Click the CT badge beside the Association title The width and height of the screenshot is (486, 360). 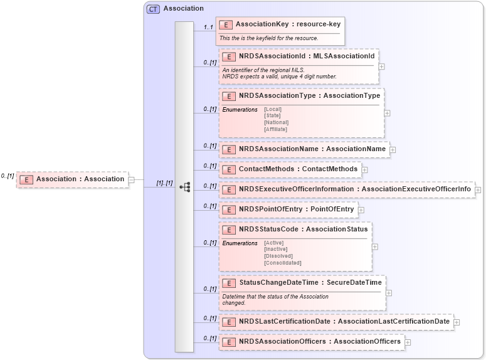pos(153,9)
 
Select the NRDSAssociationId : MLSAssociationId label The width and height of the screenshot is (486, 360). pos(298,56)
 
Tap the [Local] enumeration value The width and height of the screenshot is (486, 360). pos(273,109)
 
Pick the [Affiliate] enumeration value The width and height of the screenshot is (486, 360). pos(275,129)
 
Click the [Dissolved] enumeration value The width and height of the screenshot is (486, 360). pos(278,256)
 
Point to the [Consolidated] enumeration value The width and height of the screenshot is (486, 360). pos(282,263)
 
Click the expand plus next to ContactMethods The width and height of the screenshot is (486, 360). pos(365,169)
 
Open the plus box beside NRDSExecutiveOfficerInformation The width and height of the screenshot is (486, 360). pos(478,189)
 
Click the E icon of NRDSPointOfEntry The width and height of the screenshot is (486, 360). pos(229,209)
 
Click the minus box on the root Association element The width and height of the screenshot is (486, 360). pos(132,180)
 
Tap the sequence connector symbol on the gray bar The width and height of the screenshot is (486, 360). pos(184,187)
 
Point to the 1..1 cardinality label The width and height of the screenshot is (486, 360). pos(208,27)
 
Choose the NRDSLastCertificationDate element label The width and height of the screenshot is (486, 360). pos(344,322)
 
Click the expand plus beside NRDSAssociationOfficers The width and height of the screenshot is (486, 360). pos(408,342)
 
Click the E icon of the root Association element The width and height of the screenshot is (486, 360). pos(26,179)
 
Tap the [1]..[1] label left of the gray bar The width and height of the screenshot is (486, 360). pos(164,183)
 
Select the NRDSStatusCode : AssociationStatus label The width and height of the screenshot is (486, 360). pos(304,230)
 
